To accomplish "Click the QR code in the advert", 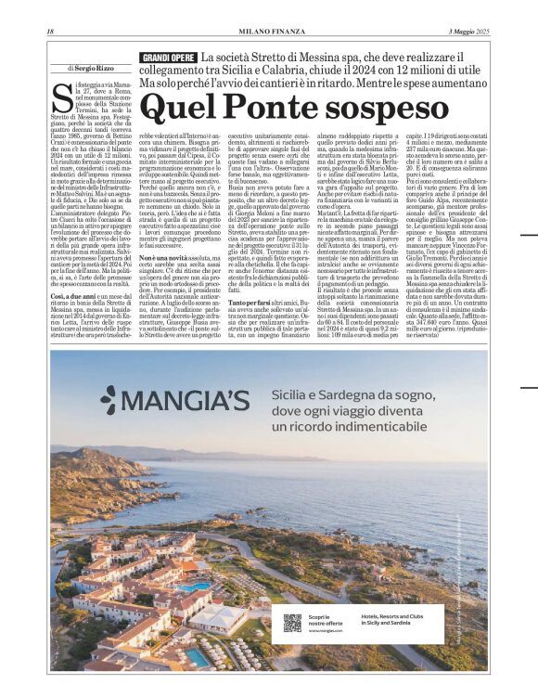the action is pos(292,623).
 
